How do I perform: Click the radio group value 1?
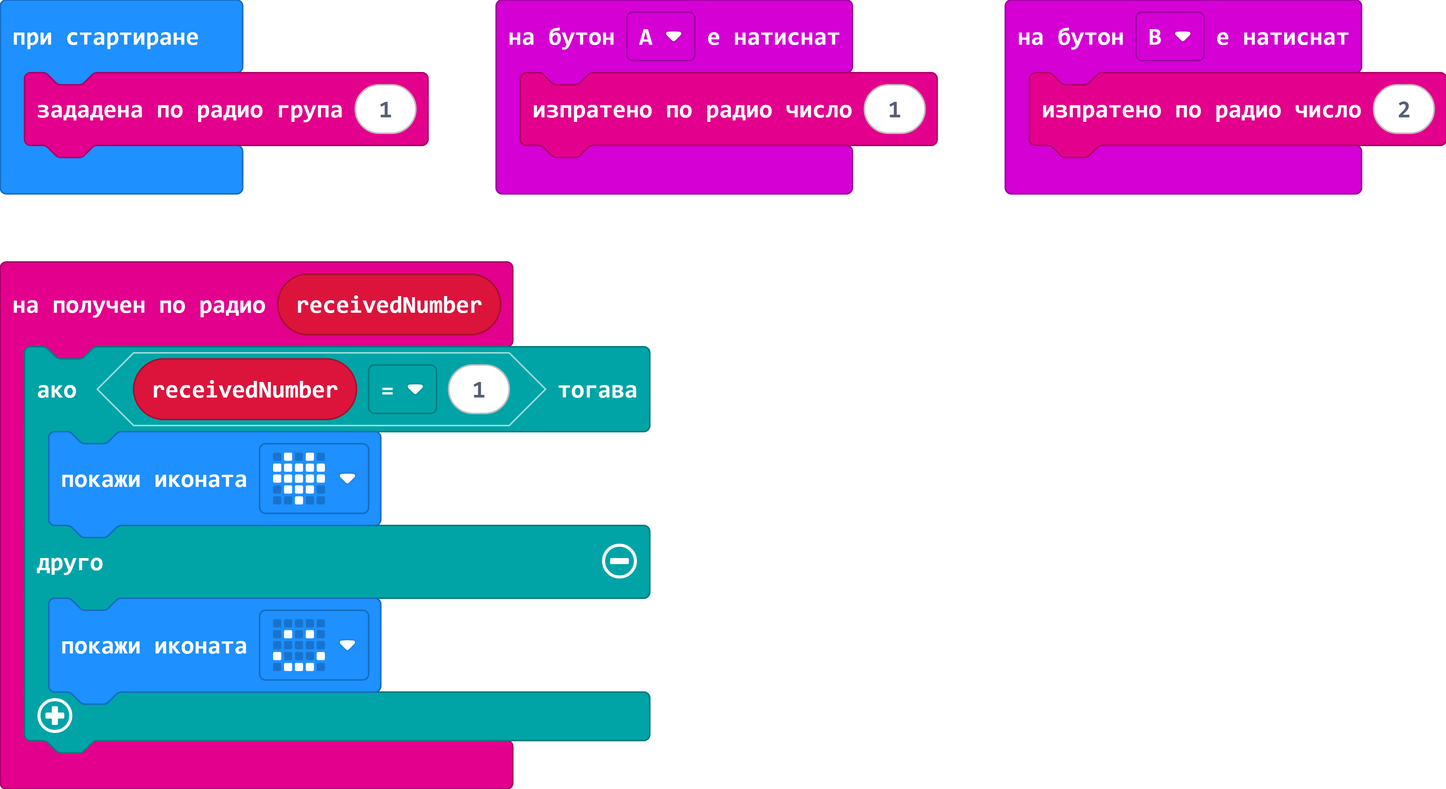pos(385,109)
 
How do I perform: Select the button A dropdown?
pos(661,37)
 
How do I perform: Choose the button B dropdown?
pos(1170,37)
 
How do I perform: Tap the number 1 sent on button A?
pos(894,109)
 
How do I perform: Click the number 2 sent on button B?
pos(1403,109)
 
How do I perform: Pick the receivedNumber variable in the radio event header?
pos(389,305)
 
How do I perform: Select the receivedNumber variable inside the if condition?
pos(245,390)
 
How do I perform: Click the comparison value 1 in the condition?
pos(478,390)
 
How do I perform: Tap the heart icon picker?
pos(314,479)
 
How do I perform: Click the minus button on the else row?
pos(619,561)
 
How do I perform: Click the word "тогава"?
pos(597,390)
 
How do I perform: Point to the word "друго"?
pos(70,563)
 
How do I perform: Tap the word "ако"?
pos(57,390)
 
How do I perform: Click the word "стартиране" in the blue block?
pos(133,37)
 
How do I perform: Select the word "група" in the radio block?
pos(310,111)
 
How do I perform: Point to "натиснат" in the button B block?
pos(1296,37)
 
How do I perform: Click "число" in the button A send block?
pos(818,110)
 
